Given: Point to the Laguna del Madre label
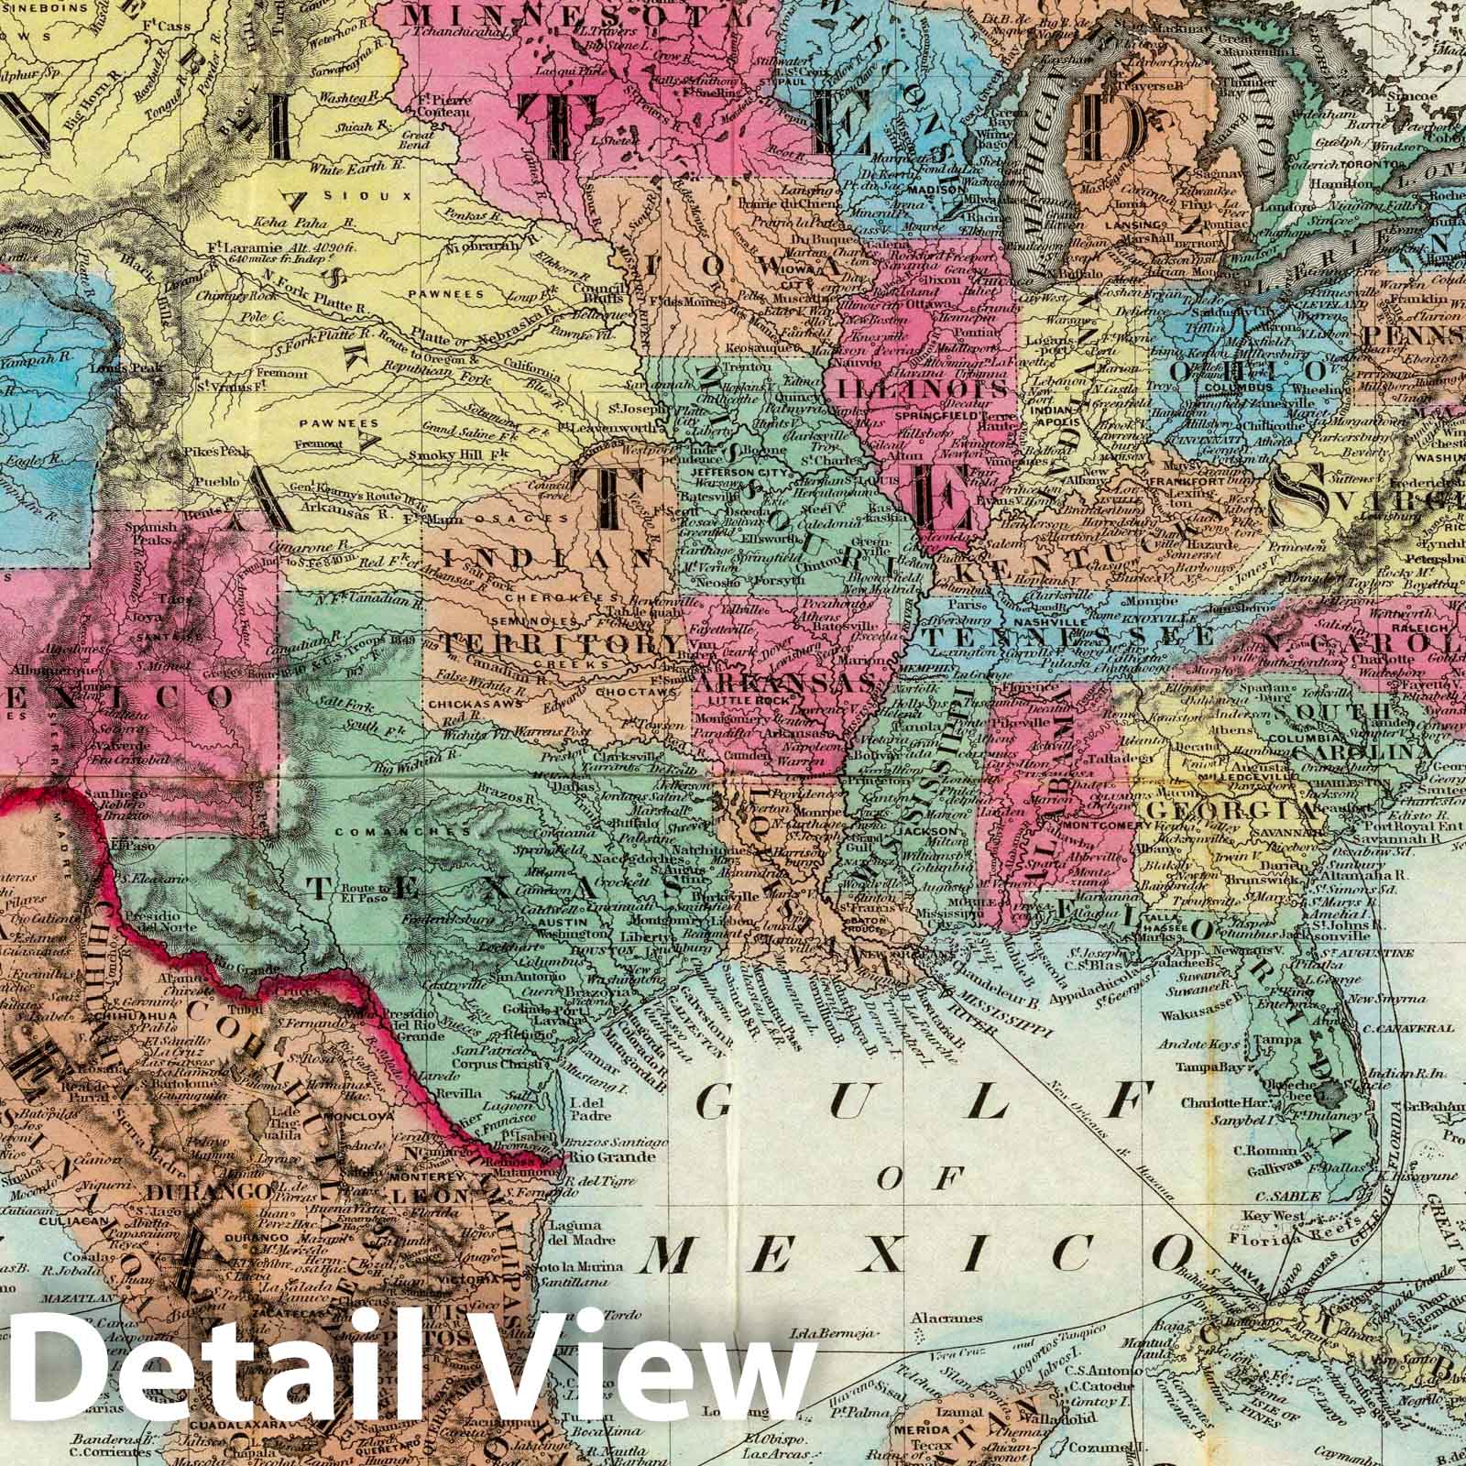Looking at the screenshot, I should pyautogui.click(x=574, y=1234).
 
